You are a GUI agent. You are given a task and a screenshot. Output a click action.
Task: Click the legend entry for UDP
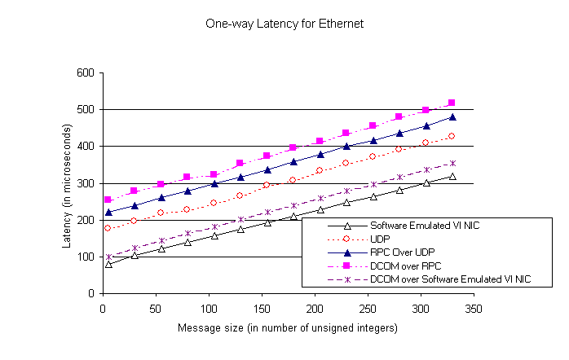[381, 239]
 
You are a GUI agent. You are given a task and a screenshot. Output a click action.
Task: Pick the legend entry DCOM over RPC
[404, 266]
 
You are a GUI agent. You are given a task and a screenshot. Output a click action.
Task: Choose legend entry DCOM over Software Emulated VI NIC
[449, 279]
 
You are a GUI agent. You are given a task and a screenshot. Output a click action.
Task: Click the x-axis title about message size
[288, 328]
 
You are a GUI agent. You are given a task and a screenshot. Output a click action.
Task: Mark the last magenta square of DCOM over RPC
[452, 103]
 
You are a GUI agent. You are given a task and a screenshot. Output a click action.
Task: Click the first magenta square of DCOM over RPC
[108, 200]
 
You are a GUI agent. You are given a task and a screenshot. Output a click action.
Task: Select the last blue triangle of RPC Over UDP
[452, 117]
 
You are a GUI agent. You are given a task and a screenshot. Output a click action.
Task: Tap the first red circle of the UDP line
[108, 228]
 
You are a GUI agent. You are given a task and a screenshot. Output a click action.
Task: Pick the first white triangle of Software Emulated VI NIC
[108, 264]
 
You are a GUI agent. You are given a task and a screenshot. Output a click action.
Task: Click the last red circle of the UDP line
[452, 136]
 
